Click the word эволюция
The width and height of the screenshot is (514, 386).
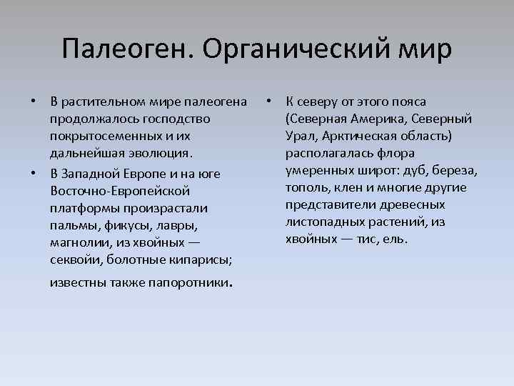[161, 153]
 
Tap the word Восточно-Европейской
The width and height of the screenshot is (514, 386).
[120, 192]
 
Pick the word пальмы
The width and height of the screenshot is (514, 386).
[74, 226]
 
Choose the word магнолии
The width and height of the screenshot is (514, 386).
[78, 243]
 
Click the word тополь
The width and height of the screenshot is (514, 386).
[306, 187]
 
